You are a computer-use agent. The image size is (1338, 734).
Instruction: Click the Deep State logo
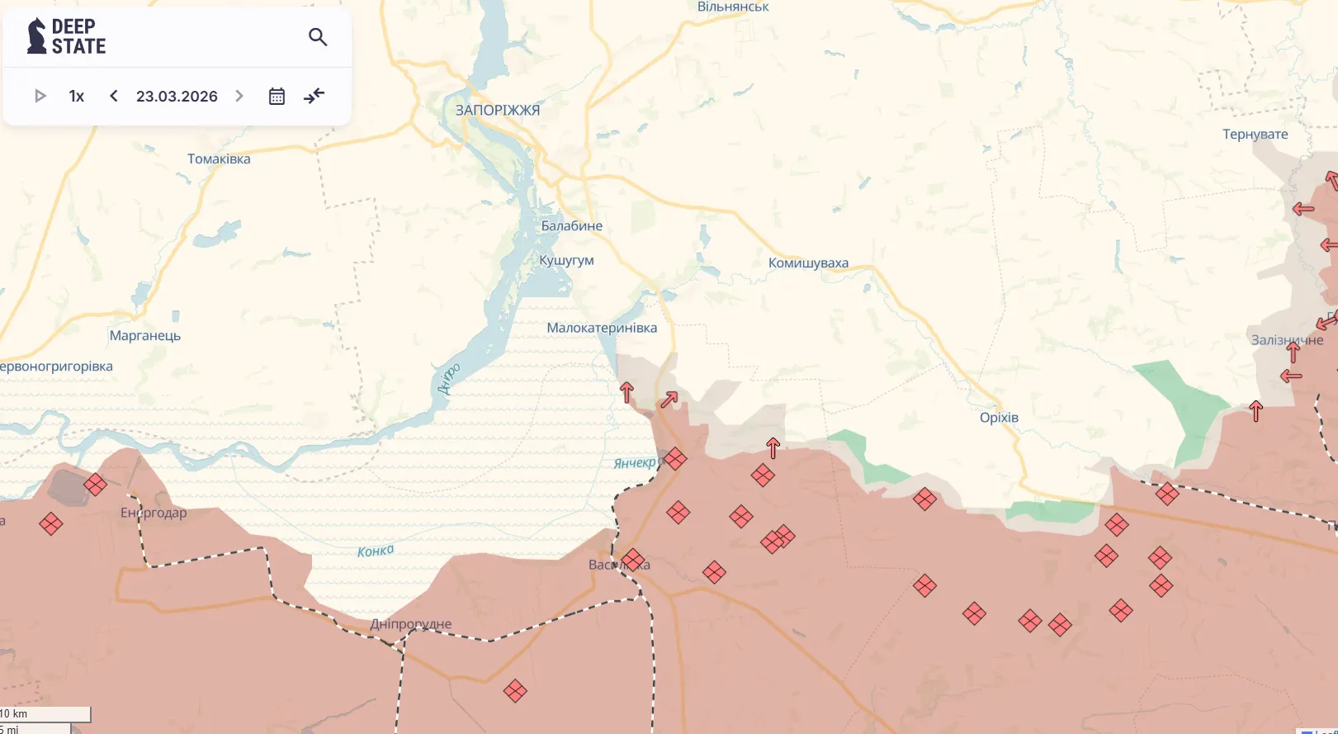coord(66,36)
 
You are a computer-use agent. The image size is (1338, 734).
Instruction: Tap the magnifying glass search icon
coord(318,37)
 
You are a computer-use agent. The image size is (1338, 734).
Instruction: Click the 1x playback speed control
coord(77,97)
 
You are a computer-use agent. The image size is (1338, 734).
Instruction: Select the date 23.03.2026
coord(177,97)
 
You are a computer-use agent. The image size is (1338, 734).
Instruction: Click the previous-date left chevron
coord(114,96)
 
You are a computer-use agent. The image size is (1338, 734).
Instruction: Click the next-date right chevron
coord(239,96)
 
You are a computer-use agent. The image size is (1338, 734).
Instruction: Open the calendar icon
coord(277,97)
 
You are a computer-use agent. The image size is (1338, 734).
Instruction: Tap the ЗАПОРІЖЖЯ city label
coord(497,110)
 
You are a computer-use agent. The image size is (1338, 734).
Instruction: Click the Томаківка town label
coord(219,159)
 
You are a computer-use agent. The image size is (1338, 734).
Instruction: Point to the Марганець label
coord(144,335)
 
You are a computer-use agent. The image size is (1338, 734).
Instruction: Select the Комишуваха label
coord(808,263)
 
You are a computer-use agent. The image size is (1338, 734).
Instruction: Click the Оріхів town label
coord(999,418)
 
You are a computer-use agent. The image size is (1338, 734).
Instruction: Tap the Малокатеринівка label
coord(602,328)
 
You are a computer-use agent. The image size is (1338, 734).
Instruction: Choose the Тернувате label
coord(1255,134)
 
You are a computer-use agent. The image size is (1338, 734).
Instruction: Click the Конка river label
coord(376,551)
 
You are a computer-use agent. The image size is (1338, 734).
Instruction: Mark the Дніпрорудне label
coord(410,624)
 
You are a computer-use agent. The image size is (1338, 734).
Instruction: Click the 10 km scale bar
coord(45,714)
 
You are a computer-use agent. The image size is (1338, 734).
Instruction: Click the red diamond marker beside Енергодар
coord(95,485)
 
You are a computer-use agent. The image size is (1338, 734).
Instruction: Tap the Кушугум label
coord(566,261)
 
